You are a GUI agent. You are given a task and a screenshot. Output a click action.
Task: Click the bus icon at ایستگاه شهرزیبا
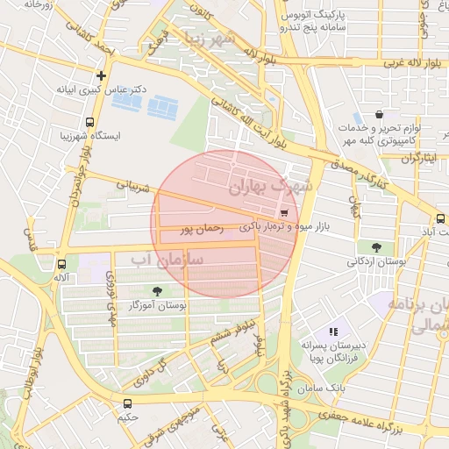pos(89,123)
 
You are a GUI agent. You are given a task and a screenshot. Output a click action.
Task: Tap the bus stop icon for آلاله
pos(61,263)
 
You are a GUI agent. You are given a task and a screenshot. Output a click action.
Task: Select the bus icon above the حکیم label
pos(128,404)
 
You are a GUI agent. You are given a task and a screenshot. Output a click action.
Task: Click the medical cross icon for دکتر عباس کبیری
pos(103,76)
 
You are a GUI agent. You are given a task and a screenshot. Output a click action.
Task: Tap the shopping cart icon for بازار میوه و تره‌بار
pos(283,213)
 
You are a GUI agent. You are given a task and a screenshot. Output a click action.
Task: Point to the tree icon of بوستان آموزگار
pos(157,291)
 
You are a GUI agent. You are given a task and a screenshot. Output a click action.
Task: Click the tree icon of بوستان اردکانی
pos(376,247)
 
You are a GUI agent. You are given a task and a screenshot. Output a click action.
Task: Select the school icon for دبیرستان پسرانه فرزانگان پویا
pos(333,331)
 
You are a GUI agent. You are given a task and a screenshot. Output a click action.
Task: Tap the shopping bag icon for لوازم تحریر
pos(379,115)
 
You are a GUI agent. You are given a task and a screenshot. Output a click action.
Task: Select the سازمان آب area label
pos(167,260)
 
